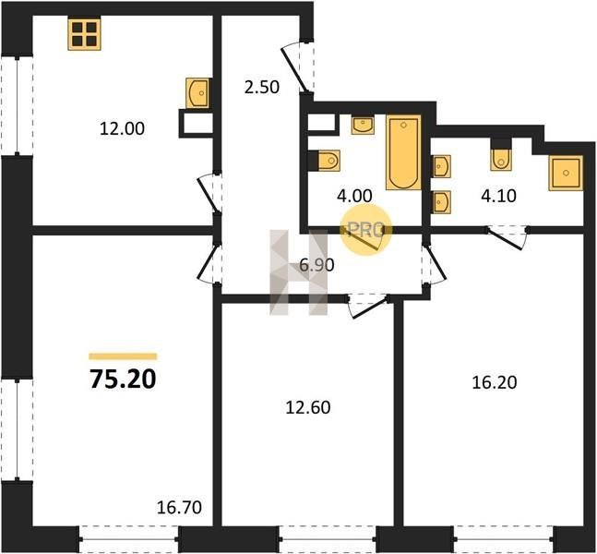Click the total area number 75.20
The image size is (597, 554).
pyautogui.click(x=123, y=379)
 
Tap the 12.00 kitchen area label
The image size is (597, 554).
pyautogui.click(x=122, y=128)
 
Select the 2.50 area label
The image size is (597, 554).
pyautogui.click(x=262, y=87)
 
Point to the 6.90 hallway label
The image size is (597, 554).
pyautogui.click(x=316, y=265)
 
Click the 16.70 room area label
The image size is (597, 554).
pyautogui.click(x=179, y=508)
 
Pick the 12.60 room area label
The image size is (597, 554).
pyautogui.click(x=308, y=407)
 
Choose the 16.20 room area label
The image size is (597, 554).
pyautogui.click(x=495, y=382)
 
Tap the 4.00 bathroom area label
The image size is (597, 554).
pyautogui.click(x=354, y=196)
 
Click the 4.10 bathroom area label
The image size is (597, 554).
pyautogui.click(x=499, y=196)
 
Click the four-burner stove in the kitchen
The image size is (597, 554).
pyautogui.click(x=85, y=34)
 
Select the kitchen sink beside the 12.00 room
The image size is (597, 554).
pyautogui.click(x=197, y=92)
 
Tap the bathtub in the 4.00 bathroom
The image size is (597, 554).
pyautogui.click(x=403, y=152)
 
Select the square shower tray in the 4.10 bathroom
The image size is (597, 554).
pyautogui.click(x=566, y=173)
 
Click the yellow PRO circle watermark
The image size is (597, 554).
pyautogui.click(x=365, y=230)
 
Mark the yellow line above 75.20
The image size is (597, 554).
pyautogui.click(x=123, y=356)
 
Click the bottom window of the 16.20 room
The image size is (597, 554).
pyautogui.click(x=503, y=538)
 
